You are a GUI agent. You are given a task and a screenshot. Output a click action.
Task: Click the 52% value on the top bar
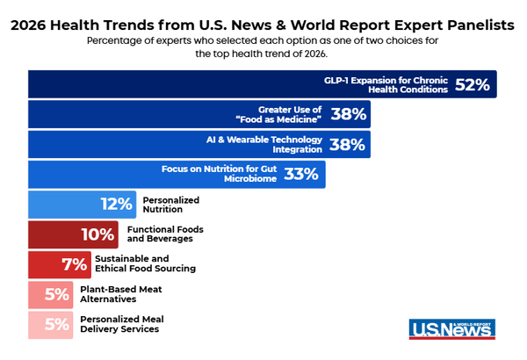473,84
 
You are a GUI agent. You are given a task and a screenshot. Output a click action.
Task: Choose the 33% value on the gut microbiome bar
300,174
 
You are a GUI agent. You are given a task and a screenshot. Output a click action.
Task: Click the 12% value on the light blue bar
116,205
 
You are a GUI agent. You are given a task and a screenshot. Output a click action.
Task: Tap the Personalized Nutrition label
171,205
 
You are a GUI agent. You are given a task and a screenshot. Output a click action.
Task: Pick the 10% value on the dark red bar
98,234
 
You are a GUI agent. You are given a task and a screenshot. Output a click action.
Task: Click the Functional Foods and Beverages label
166,234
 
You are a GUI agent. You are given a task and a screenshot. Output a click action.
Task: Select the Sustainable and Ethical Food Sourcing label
145,264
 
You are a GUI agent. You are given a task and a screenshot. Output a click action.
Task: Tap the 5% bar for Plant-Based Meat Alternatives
57,294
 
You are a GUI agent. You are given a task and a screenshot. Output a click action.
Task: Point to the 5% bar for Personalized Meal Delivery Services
57,324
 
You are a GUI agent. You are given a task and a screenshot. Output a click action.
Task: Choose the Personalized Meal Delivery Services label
122,324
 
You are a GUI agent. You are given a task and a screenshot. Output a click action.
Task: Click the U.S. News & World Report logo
452,328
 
